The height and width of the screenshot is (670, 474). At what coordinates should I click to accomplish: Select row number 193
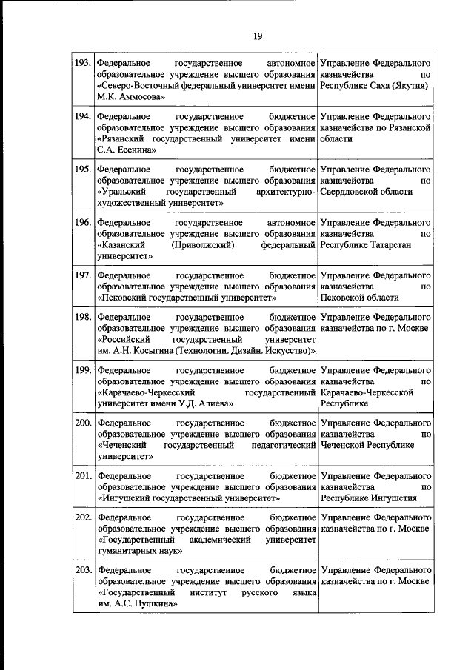pyautogui.click(x=83, y=64)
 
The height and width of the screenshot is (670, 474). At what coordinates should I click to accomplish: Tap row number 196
pyautogui.click(x=83, y=222)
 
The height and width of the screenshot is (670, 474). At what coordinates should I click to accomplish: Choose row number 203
pyautogui.click(x=83, y=570)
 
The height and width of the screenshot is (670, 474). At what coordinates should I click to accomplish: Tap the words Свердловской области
pyautogui.click(x=366, y=192)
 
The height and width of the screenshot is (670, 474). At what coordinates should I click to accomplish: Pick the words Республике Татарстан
pyautogui.click(x=365, y=244)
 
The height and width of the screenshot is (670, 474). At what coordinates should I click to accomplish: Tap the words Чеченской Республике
pyautogui.click(x=367, y=445)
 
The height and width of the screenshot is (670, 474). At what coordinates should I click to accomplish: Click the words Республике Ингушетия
pyautogui.click(x=368, y=498)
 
